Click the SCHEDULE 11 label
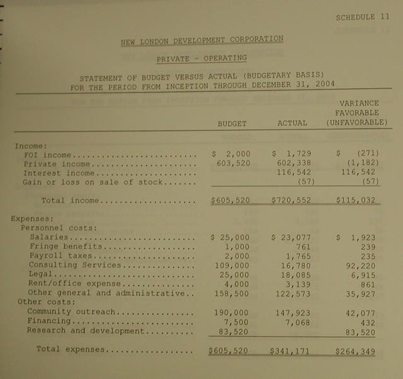tap(363, 16)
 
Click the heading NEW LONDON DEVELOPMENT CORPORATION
tap(201, 40)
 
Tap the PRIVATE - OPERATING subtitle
tap(201, 59)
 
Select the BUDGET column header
tap(232, 123)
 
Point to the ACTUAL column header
tap(292, 123)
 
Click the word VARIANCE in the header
tap(359, 103)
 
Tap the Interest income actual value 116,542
tap(292, 173)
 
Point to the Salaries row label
tap(48, 237)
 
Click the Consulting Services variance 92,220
tap(363, 266)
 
